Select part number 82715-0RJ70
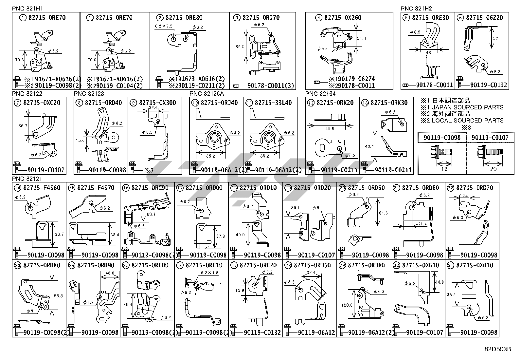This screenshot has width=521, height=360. (x=261, y=18)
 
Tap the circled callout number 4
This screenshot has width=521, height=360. (x=319, y=18)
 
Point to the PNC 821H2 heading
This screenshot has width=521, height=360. (x=416, y=9)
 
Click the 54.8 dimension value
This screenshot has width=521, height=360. (x=361, y=38)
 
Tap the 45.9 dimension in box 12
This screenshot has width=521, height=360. (x=330, y=129)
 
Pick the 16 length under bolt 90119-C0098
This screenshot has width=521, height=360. (x=444, y=169)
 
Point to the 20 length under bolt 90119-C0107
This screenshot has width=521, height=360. (x=493, y=169)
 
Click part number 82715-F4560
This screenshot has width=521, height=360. (x=42, y=188)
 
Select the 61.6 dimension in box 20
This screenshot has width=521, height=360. (x=384, y=213)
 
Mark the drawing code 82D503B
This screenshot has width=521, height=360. (x=498, y=349)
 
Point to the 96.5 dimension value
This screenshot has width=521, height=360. (x=58, y=296)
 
